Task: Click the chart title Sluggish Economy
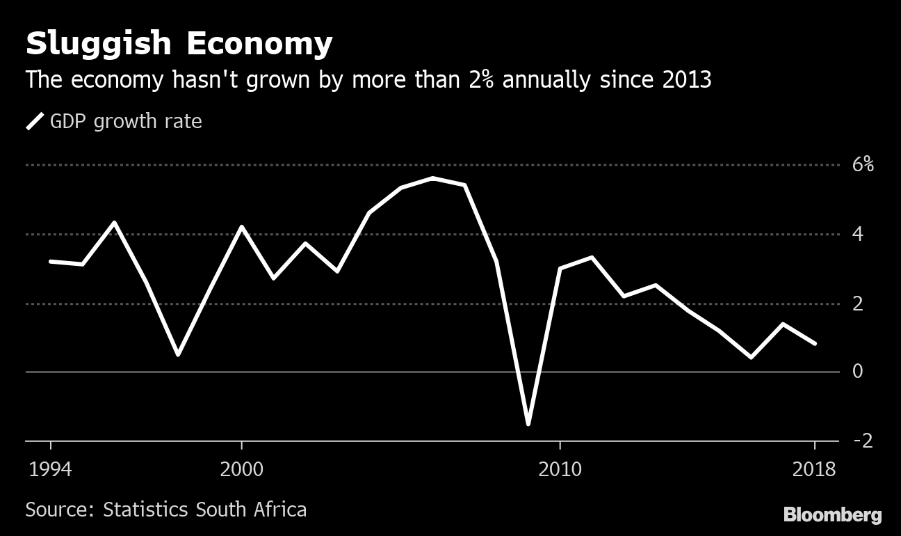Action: tap(179, 45)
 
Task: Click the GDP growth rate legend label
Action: tap(126, 122)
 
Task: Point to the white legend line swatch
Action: tap(35, 122)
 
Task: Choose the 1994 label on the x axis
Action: tap(50, 469)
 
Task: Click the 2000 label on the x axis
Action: tap(241, 469)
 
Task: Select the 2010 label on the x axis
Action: tap(560, 469)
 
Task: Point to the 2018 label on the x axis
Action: tap(814, 469)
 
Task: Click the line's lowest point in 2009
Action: tap(528, 423)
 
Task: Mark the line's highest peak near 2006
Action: tap(432, 178)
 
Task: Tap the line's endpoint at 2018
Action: tap(814, 343)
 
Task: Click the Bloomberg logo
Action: tap(832, 515)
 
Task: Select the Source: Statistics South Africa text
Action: tap(166, 510)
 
